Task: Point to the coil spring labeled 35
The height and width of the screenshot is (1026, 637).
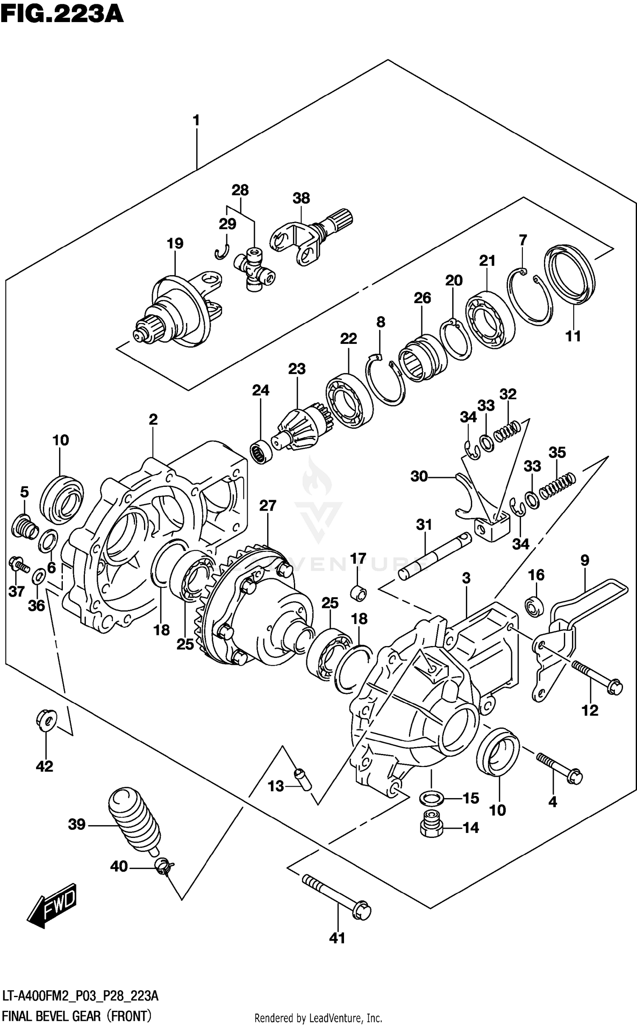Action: tap(557, 485)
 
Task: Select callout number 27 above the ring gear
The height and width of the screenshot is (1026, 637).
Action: tap(268, 505)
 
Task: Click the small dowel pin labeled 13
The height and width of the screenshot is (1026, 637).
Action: tap(303, 779)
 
